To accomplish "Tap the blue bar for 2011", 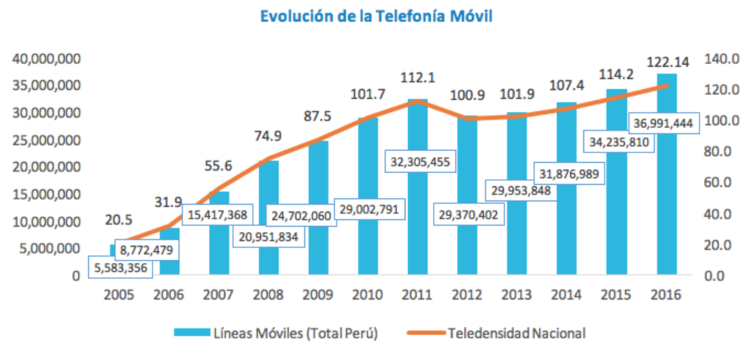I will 417,221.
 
